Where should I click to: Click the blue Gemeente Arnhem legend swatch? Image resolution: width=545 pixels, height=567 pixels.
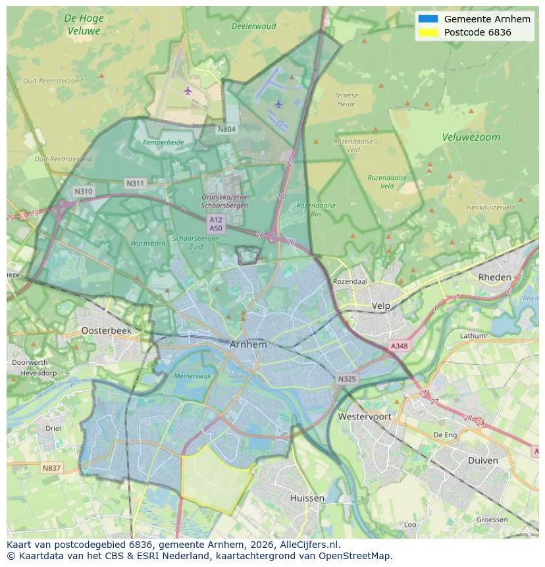[x=427, y=19]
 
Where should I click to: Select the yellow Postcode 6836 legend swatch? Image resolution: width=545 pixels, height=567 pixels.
[x=427, y=32]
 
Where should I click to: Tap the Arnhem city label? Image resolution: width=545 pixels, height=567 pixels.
[x=248, y=344]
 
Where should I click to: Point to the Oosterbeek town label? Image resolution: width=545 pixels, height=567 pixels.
[x=106, y=331]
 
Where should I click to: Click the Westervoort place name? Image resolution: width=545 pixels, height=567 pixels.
[x=364, y=417]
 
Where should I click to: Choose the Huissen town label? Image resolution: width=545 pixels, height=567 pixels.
[x=307, y=498]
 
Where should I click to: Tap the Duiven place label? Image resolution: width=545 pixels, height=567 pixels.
[x=482, y=460]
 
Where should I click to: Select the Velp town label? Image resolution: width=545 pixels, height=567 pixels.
[x=381, y=306]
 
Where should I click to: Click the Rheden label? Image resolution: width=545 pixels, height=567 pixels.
[x=494, y=277]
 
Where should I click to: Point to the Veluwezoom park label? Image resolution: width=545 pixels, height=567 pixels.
[x=471, y=138]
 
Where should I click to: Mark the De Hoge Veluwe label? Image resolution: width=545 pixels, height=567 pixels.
[x=84, y=24]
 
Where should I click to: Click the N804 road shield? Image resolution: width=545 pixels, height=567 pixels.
[x=226, y=129]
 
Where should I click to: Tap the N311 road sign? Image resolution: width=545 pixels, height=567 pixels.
[x=135, y=183]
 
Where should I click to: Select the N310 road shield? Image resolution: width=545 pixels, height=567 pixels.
[x=84, y=192]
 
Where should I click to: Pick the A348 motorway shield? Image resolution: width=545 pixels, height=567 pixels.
[x=399, y=346]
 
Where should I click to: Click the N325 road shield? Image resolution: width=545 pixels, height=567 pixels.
[x=347, y=379]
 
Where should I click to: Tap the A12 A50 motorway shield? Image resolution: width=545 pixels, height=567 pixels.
[x=216, y=223]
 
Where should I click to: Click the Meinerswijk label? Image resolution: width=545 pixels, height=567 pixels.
[x=192, y=376]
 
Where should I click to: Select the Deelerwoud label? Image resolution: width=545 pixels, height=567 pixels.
[x=253, y=26]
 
